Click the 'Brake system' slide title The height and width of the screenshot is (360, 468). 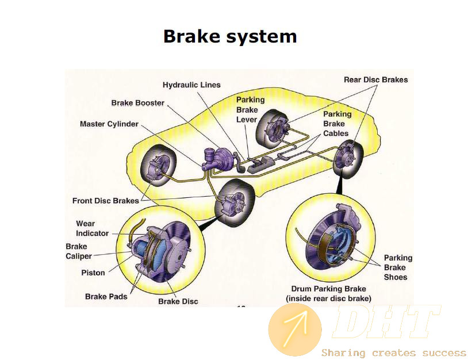pyautogui.click(x=230, y=36)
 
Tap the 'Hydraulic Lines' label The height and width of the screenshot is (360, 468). pyautogui.click(x=191, y=85)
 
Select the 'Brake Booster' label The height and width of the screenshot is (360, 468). pyautogui.click(x=137, y=103)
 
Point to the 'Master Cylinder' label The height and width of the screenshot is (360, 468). pyautogui.click(x=109, y=124)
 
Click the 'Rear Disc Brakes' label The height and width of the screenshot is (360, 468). pyautogui.click(x=376, y=80)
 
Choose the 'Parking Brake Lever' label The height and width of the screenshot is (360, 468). pyautogui.click(x=250, y=110)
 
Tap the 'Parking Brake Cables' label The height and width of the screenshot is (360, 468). pyautogui.click(x=337, y=124)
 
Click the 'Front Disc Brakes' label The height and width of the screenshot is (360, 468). pyautogui.click(x=106, y=201)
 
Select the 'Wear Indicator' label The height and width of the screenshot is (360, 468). pyautogui.click(x=92, y=228)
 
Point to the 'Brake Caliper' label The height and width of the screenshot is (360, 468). pyautogui.click(x=79, y=251)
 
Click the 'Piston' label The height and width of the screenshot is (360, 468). pyautogui.click(x=93, y=273)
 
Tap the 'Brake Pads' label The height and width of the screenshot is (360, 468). pyautogui.click(x=106, y=296)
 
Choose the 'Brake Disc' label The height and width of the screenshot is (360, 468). pyautogui.click(x=178, y=301)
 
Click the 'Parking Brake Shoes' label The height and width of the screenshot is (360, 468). pyautogui.click(x=398, y=267)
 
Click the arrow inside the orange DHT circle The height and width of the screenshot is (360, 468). pyautogui.click(x=296, y=328)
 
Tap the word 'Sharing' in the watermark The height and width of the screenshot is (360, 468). pyautogui.click(x=343, y=353)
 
